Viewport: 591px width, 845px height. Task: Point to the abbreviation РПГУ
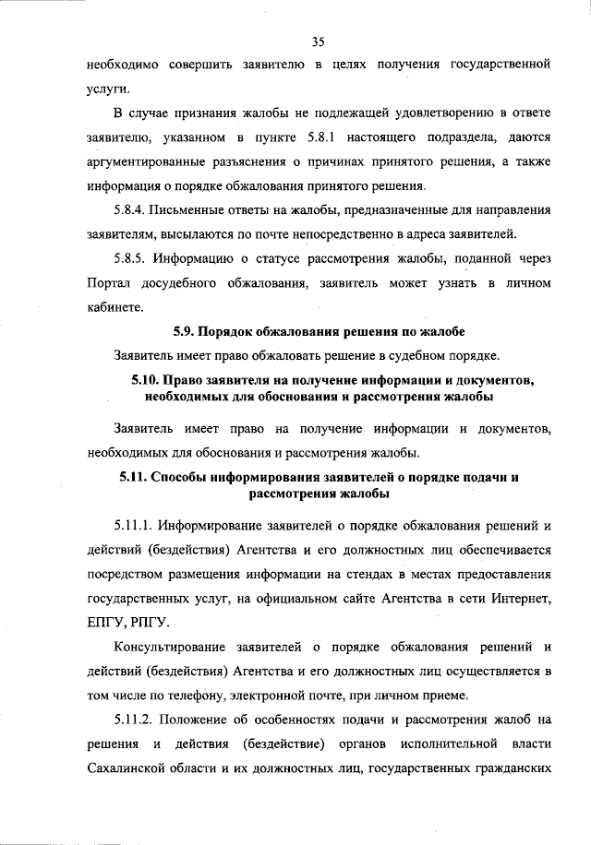[x=153, y=623]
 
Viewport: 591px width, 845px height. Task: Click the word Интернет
[x=523, y=599]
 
